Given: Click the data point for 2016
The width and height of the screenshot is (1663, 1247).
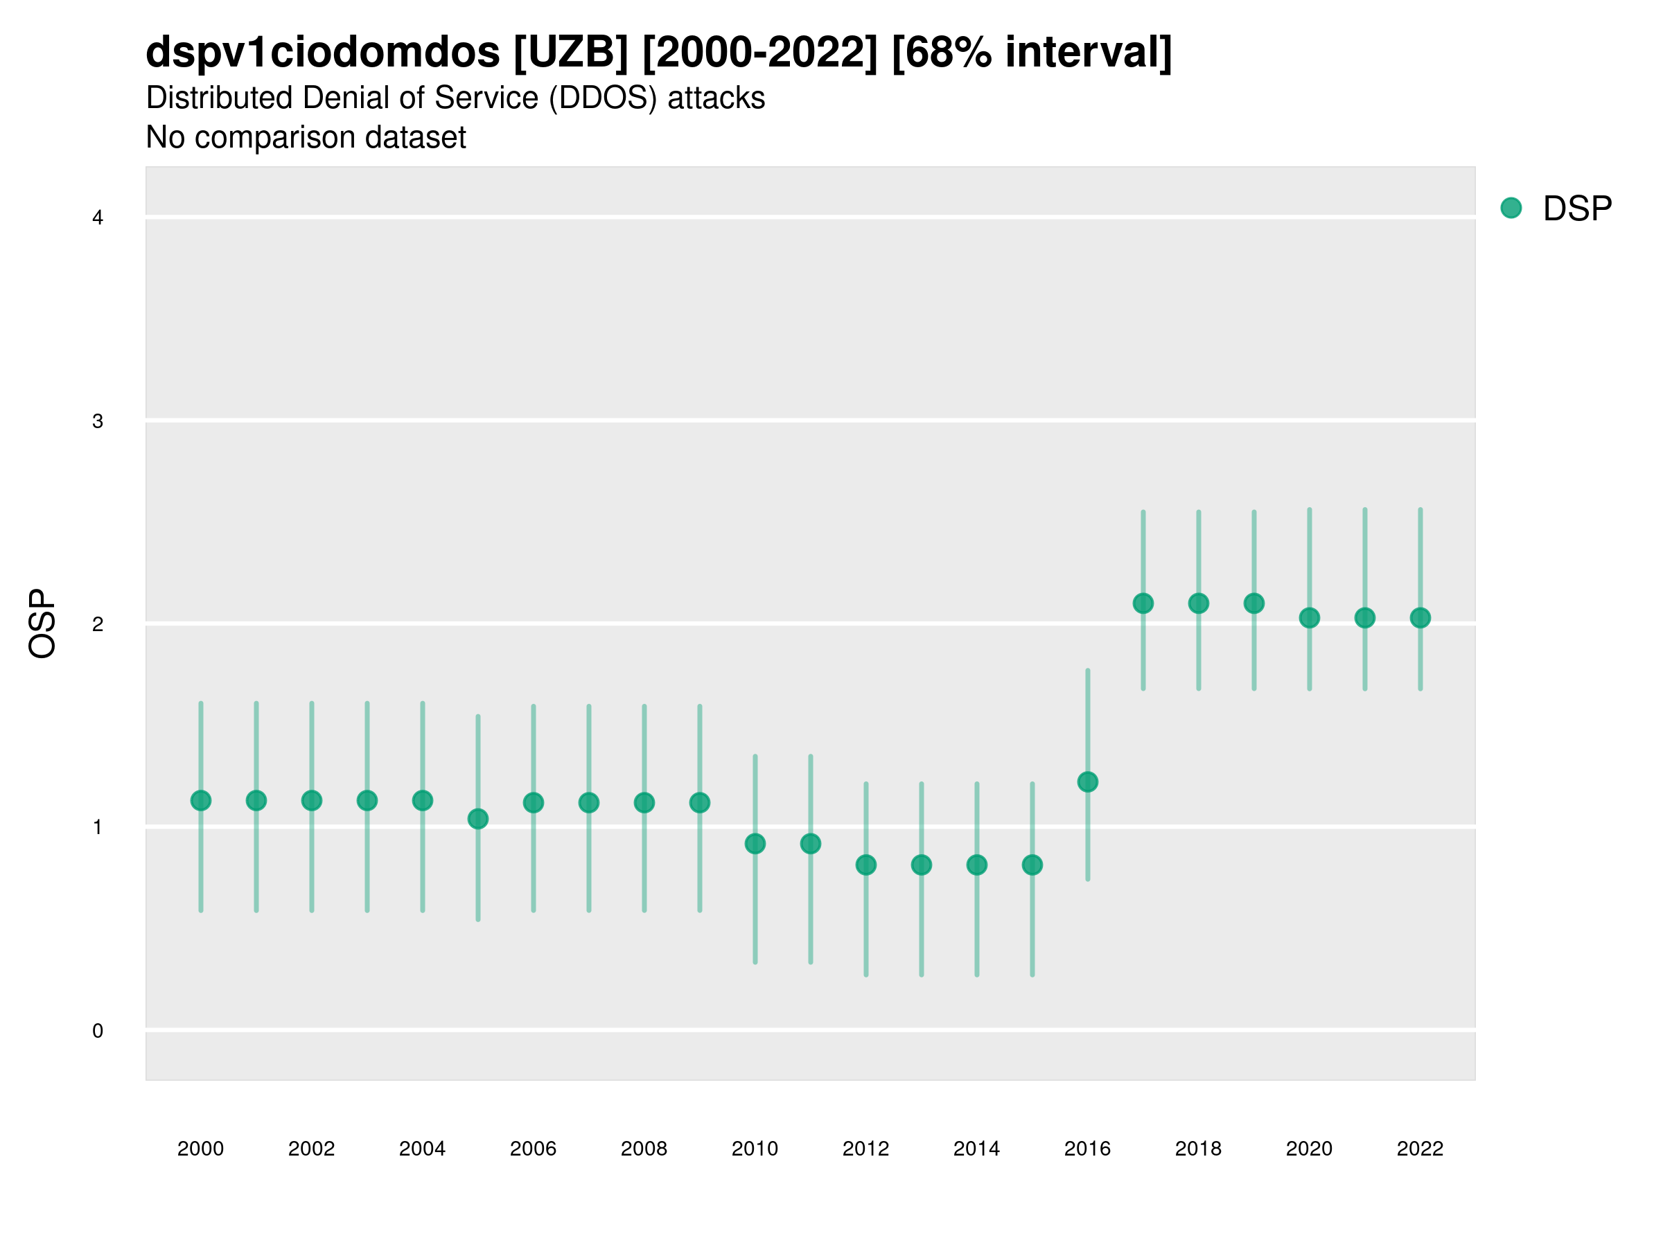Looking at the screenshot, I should [1087, 781].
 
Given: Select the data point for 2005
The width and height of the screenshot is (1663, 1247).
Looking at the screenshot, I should [478, 819].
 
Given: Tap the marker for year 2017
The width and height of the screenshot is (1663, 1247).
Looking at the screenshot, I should [1143, 603].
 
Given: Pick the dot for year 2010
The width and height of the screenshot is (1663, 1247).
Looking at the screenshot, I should [755, 843].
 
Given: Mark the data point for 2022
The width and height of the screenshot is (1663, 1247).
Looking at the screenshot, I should [1420, 618].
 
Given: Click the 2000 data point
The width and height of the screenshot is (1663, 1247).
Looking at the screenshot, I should [201, 801].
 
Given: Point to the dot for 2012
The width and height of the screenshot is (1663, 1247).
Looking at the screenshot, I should [866, 865].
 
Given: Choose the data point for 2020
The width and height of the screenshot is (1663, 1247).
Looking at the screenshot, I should [1310, 618].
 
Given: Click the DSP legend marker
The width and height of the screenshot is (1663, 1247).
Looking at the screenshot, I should [1511, 209].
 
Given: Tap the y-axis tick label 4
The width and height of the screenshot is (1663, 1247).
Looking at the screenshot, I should [98, 218].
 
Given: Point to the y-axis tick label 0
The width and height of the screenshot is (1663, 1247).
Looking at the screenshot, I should [98, 1031].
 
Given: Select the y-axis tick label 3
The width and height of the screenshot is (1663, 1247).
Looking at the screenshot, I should [98, 421].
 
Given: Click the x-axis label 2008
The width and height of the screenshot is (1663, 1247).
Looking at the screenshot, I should [644, 1149].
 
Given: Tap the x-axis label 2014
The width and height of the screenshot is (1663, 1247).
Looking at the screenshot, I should [976, 1149].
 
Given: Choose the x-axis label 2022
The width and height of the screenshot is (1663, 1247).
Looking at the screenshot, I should [1420, 1149].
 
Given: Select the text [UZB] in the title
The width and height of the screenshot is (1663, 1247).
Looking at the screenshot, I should [571, 53].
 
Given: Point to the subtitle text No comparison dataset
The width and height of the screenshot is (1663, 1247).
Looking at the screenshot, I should [306, 138].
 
